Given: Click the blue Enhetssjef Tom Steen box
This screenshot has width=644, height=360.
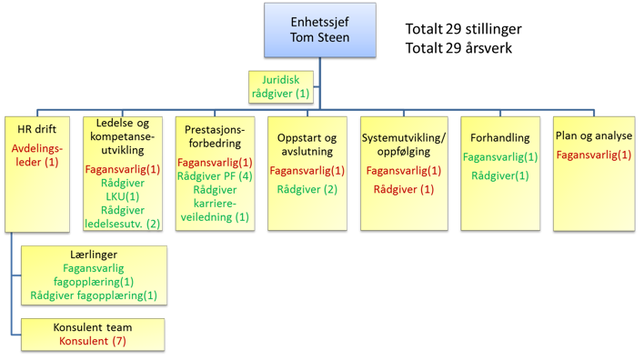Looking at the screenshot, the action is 320,30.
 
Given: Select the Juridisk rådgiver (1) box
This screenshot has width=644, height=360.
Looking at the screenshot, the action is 281,87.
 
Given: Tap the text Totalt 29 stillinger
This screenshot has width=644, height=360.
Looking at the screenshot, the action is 463,29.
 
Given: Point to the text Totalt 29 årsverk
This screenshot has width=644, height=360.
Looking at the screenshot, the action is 458,48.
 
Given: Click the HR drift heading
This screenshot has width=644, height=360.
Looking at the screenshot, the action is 37,129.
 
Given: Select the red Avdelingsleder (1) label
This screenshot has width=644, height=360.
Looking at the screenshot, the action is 37,155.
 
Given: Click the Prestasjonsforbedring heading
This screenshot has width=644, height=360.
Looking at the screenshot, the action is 215,136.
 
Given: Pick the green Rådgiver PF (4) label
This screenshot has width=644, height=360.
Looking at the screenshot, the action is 215,176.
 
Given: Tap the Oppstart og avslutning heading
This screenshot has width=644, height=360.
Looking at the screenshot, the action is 307,145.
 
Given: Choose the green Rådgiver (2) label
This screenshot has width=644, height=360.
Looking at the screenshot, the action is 307,189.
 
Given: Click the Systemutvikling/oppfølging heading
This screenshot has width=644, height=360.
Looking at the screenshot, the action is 404,145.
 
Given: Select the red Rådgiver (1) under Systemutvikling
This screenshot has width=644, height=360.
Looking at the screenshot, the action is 404,189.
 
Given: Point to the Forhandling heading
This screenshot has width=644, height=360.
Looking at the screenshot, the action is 500,137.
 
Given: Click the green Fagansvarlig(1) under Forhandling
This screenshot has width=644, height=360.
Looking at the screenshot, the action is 500,156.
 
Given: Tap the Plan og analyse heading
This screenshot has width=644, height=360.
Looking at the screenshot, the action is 594,135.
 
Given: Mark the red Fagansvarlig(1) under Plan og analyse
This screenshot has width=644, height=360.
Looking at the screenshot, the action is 594,155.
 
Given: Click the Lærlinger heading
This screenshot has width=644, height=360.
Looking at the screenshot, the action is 94,255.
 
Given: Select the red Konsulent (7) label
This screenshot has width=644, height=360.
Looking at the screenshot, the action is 93,341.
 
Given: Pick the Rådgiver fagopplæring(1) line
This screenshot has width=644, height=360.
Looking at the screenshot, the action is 94,295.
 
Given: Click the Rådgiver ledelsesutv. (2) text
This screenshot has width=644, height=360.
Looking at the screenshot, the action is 123,217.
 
